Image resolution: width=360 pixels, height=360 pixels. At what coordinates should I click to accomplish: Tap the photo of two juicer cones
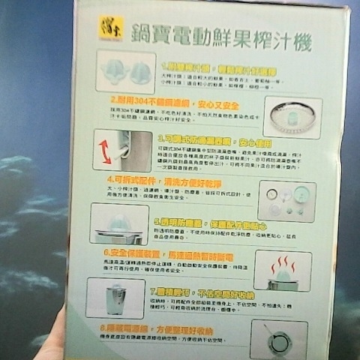tap(126, 73)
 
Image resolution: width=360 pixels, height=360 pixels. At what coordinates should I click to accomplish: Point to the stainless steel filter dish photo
tap(292, 117)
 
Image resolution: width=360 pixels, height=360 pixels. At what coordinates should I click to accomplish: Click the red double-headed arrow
tap(104, 151)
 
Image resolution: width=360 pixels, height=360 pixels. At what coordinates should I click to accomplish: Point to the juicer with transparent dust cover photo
tap(119, 225)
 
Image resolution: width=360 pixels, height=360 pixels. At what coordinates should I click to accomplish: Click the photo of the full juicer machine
tap(115, 298)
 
